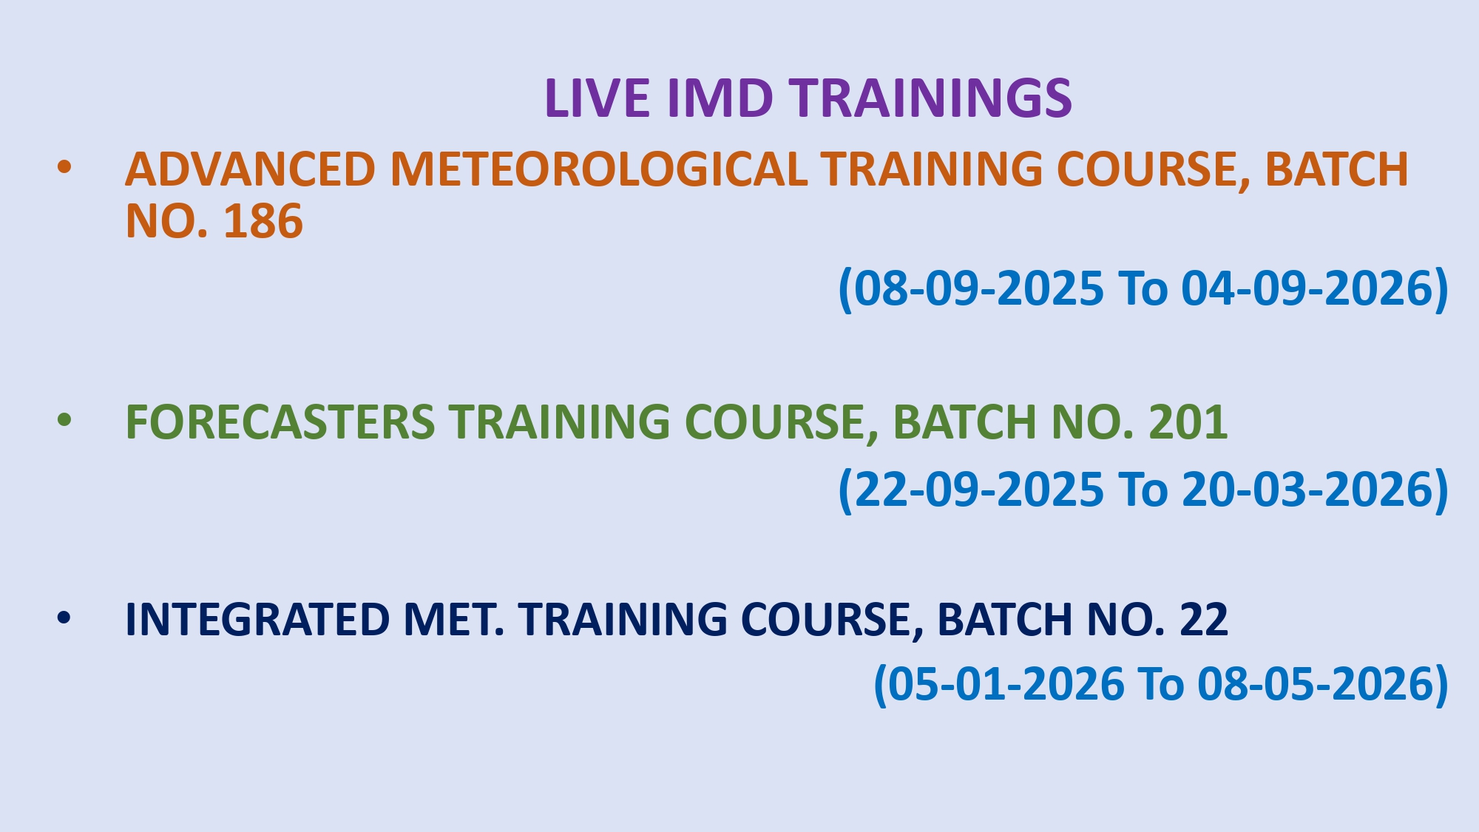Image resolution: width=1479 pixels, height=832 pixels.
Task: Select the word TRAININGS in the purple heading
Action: coord(930,98)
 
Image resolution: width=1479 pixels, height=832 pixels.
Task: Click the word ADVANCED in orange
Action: coord(250,169)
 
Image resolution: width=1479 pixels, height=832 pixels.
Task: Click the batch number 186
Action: coord(263,221)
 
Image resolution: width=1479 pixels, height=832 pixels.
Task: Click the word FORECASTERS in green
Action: coord(280,422)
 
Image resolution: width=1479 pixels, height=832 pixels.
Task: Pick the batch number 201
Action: coord(1188,422)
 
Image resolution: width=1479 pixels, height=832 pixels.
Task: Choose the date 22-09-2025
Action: coord(978,490)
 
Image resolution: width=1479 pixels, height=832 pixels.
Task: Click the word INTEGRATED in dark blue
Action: coord(257,619)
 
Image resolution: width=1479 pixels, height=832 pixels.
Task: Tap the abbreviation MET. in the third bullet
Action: coord(454,619)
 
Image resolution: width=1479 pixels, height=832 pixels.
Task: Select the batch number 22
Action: coord(1204,619)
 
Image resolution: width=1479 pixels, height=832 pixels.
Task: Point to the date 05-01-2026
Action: coord(1006,683)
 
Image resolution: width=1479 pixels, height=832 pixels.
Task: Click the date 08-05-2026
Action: coord(1316,683)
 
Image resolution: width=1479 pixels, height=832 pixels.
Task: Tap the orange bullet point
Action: coord(64,167)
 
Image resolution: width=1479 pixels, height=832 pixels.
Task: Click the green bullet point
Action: coord(64,420)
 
